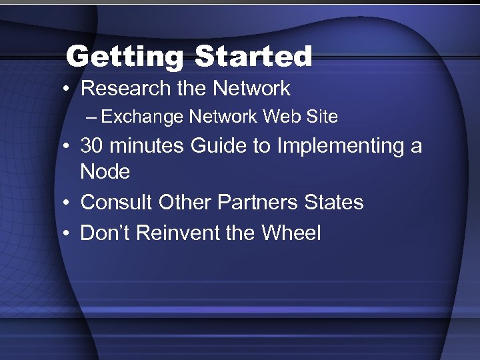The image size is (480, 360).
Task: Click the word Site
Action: coord(319,117)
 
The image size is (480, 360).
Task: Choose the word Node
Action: coord(105,172)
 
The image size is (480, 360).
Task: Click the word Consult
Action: coord(116,203)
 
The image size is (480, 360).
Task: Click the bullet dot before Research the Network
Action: coord(69,89)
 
